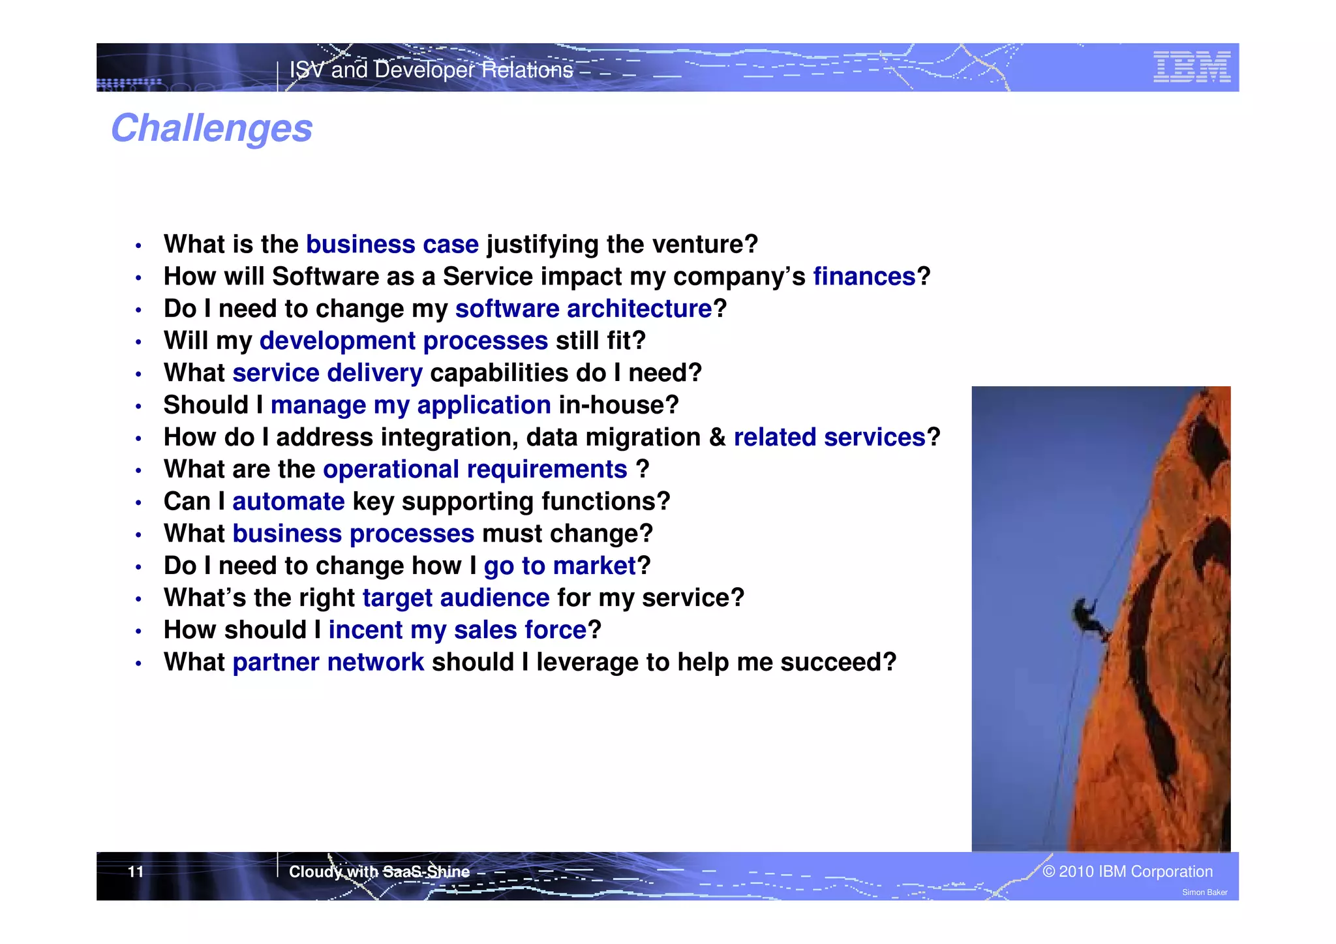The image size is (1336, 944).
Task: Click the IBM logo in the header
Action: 1191,67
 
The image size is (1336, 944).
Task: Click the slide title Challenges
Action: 211,128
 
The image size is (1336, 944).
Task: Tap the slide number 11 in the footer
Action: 136,872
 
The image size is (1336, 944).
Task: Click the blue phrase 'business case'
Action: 392,245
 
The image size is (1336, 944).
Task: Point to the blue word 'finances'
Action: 864,277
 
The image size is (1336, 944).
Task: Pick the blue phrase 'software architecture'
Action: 583,309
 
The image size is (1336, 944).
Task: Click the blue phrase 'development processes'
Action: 403,341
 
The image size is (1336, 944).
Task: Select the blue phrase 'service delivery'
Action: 327,373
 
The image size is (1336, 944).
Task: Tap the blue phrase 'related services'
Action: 829,437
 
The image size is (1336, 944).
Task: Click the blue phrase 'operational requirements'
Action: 475,470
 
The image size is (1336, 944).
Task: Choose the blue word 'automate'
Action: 288,502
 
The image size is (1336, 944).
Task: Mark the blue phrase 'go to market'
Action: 559,566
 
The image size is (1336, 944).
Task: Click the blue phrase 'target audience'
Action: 455,598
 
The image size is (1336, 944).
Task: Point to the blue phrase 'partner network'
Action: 328,662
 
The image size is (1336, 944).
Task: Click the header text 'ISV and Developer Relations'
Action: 431,70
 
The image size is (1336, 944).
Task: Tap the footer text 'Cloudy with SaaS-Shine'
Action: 379,872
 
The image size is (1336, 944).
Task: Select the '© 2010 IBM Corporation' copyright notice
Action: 1127,872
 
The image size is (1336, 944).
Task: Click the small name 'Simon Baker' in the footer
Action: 1204,892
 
